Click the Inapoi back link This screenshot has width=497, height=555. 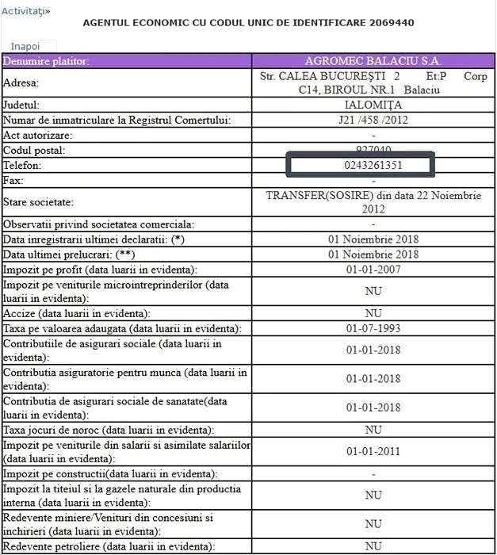(25, 46)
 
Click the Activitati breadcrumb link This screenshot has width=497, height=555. (25, 11)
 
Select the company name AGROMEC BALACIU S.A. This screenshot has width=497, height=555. (373, 61)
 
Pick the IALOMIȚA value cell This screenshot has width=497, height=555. (373, 105)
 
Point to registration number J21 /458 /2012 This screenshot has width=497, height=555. (373, 120)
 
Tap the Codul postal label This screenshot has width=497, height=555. (34, 150)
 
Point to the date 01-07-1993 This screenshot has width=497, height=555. (373, 328)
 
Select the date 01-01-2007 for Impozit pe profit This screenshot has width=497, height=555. (373, 270)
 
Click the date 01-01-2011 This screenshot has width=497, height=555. (373, 452)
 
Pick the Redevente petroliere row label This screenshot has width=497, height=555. (109, 546)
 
